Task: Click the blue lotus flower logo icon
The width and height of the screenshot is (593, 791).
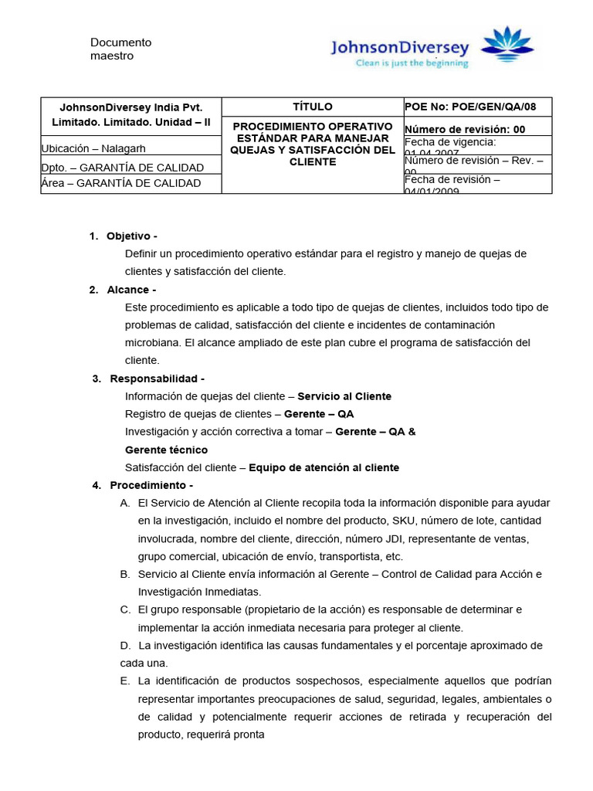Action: point(507,44)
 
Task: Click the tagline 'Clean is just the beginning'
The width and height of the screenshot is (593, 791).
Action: point(412,63)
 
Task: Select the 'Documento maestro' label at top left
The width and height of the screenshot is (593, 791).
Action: point(121,49)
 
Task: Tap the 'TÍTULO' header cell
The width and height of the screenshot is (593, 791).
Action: point(313,107)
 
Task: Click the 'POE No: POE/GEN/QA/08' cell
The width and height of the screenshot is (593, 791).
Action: point(469,107)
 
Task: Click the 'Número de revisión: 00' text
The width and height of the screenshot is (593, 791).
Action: point(465,129)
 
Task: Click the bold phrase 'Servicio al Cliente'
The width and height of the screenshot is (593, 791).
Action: point(344,396)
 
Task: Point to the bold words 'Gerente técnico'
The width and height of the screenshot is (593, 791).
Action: point(166,450)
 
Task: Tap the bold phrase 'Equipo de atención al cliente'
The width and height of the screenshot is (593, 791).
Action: point(324,467)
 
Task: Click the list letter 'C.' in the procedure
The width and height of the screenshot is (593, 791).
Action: point(125,609)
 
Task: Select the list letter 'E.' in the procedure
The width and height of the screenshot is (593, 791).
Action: point(125,681)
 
